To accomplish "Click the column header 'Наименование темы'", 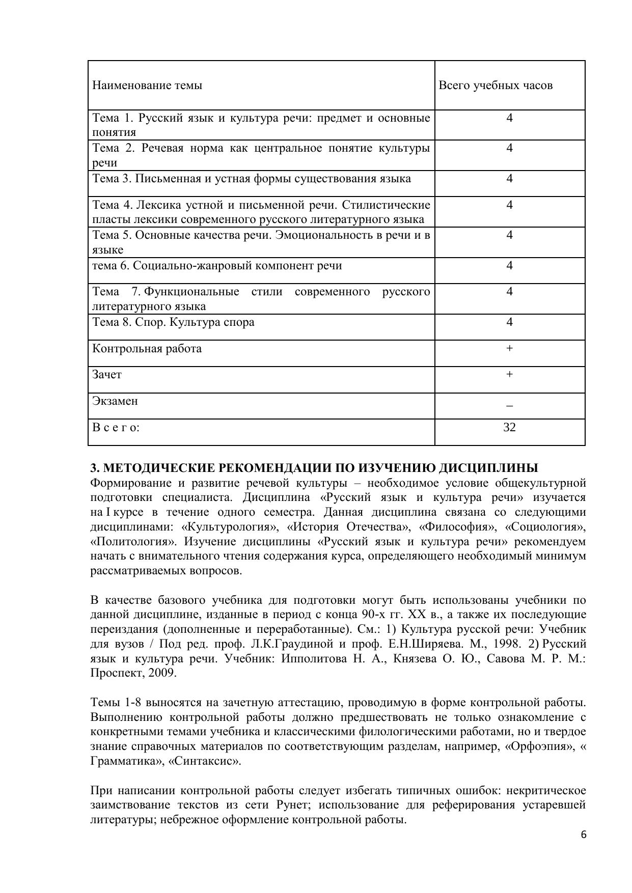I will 147,85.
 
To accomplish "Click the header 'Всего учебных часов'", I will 496,85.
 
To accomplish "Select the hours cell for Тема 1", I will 509,118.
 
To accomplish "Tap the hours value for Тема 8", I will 509,322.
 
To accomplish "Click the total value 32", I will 509,427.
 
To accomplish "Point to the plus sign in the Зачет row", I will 509,375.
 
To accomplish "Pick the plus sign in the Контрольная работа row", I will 509,348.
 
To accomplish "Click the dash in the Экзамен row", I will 509,406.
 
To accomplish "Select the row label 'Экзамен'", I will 115,401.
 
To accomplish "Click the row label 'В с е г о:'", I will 116,427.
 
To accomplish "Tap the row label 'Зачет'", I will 107,375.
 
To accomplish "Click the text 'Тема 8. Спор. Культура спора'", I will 173,322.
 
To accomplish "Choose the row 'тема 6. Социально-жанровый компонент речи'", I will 217,266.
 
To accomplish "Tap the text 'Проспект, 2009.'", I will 133,673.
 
